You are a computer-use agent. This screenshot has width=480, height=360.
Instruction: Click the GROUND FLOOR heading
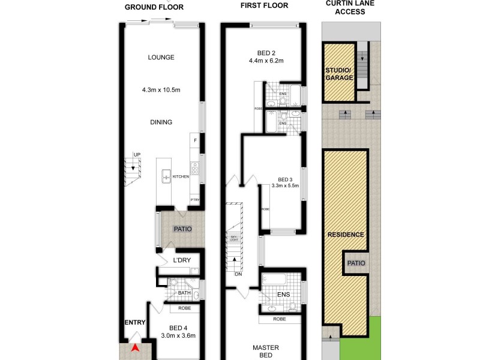point(154,7)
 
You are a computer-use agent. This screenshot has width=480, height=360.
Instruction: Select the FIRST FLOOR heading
point(264,5)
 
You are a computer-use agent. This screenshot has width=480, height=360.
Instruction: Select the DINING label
point(161,122)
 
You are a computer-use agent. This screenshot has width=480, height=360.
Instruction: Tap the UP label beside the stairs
point(137,155)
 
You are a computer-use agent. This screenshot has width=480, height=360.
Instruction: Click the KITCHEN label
point(181,177)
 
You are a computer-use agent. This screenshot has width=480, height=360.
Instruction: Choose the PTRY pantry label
point(194,199)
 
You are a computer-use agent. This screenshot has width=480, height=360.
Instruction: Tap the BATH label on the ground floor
point(184,293)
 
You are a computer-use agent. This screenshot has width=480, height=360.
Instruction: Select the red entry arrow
point(136,347)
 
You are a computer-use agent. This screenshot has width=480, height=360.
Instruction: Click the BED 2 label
point(266,52)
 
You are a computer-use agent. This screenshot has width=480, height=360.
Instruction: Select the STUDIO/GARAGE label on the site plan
point(340,74)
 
